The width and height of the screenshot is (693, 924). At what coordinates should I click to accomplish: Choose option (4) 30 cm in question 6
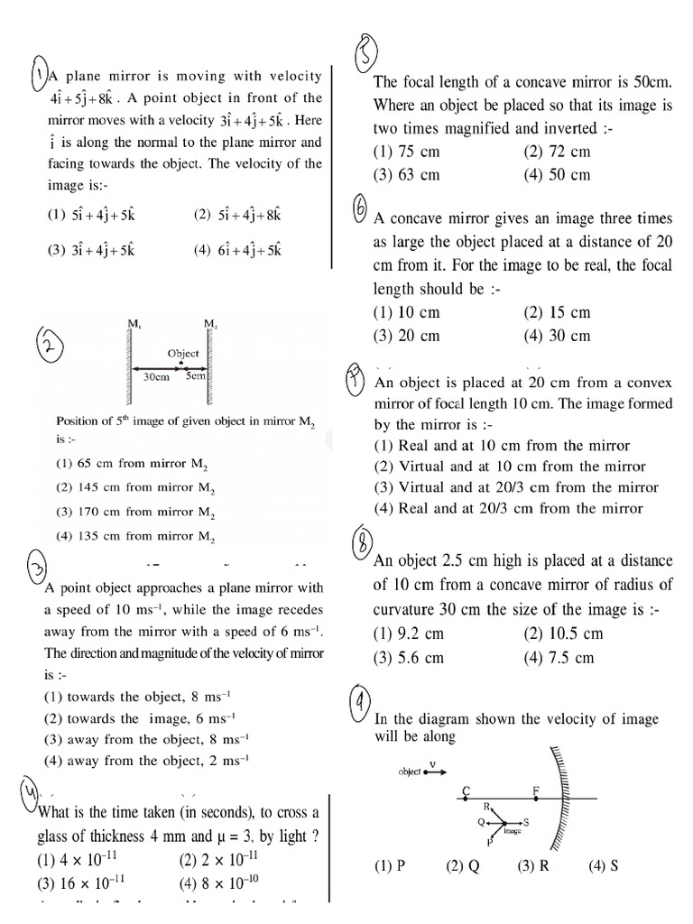tap(556, 336)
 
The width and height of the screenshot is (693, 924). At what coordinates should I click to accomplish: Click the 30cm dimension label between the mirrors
tap(157, 377)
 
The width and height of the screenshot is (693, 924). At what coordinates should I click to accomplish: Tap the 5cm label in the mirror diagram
tap(195, 377)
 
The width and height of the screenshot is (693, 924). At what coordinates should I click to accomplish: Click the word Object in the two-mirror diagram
tap(183, 354)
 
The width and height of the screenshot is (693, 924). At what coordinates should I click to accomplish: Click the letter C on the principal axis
tap(466, 790)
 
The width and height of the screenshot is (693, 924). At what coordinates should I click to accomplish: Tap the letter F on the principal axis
tap(536, 790)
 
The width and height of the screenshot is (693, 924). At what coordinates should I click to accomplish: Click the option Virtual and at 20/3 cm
tap(516, 487)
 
